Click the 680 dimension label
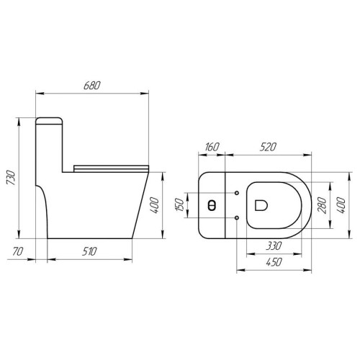click(x=92, y=86)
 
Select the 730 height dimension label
click(x=11, y=178)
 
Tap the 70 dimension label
click(x=18, y=251)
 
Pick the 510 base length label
click(x=89, y=251)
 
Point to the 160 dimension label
click(x=212, y=147)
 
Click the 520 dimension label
click(x=268, y=147)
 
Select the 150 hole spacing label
click(x=179, y=204)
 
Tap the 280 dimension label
click(x=322, y=205)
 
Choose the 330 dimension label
click(x=274, y=246)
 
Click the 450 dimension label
click(x=274, y=262)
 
